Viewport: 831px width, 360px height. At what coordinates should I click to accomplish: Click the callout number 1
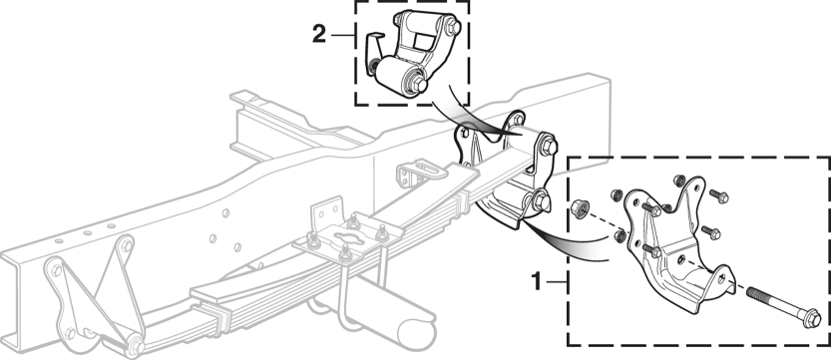pyautogui.click(x=537, y=281)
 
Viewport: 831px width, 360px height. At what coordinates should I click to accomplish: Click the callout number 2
pyautogui.click(x=319, y=35)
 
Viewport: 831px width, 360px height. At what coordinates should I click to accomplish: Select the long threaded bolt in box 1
pyautogui.click(x=783, y=306)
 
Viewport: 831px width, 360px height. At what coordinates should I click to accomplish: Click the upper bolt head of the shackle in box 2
pyautogui.click(x=453, y=27)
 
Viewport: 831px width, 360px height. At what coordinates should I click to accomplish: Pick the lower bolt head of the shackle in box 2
pyautogui.click(x=419, y=84)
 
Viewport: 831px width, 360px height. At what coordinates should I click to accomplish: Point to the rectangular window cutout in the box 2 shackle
pyautogui.click(x=423, y=40)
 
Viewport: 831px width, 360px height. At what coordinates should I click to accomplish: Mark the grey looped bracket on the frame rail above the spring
pyautogui.click(x=416, y=172)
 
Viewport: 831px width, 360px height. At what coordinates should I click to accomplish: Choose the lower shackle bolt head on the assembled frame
pyautogui.click(x=542, y=201)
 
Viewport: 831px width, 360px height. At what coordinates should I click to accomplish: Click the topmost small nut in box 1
pyautogui.click(x=680, y=180)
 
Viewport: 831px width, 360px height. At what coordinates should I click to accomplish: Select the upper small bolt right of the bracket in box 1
pyautogui.click(x=718, y=195)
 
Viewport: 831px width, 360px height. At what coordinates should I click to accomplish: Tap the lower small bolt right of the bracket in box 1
pyautogui.click(x=711, y=232)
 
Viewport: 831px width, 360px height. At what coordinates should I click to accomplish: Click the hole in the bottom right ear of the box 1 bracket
pyautogui.click(x=720, y=278)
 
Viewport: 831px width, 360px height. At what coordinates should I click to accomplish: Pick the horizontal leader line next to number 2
pyautogui.click(x=343, y=36)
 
